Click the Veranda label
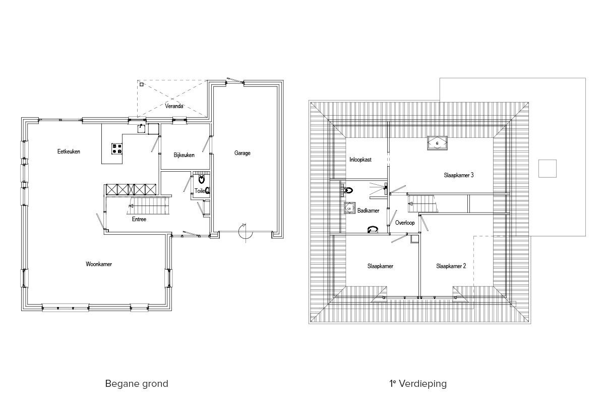[174, 106]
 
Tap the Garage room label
[243, 153]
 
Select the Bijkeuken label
[184, 155]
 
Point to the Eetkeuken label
[69, 151]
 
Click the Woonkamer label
[99, 264]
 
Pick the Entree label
[139, 219]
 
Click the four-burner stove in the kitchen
[117, 148]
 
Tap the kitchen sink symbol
[141, 128]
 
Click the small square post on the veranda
[142, 84]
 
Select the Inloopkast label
[360, 160]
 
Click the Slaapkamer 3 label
[459, 175]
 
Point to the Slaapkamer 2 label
[451, 266]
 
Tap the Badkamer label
[368, 211]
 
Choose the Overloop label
[405, 223]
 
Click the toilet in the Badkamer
[349, 190]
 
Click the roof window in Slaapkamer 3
[437, 143]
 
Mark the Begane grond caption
[137, 384]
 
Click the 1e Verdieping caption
[418, 383]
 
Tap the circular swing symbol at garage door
[246, 232]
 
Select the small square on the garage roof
[548, 169]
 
